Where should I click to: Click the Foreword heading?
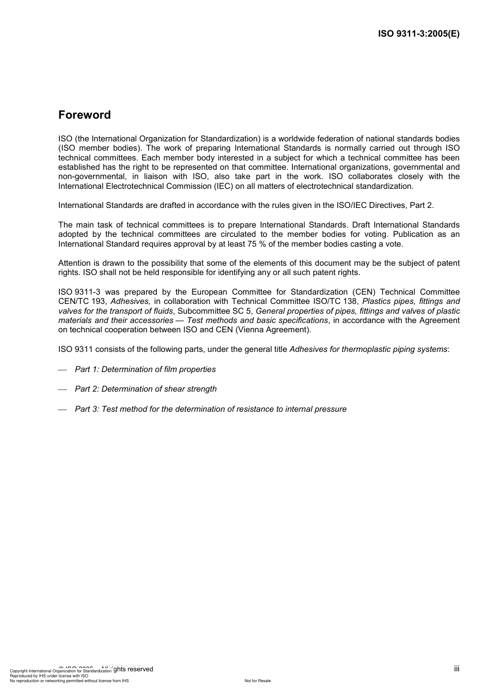[84, 115]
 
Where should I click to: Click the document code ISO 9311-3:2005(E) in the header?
[418, 34]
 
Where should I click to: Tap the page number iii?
[456, 669]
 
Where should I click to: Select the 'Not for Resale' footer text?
[257, 681]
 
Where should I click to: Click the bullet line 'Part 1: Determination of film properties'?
[145, 369]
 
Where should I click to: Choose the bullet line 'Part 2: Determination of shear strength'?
[145, 389]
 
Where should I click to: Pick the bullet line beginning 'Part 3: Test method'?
[210, 409]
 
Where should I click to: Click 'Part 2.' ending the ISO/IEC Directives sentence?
[421, 205]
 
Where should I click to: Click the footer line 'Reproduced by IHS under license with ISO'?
[49, 676]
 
